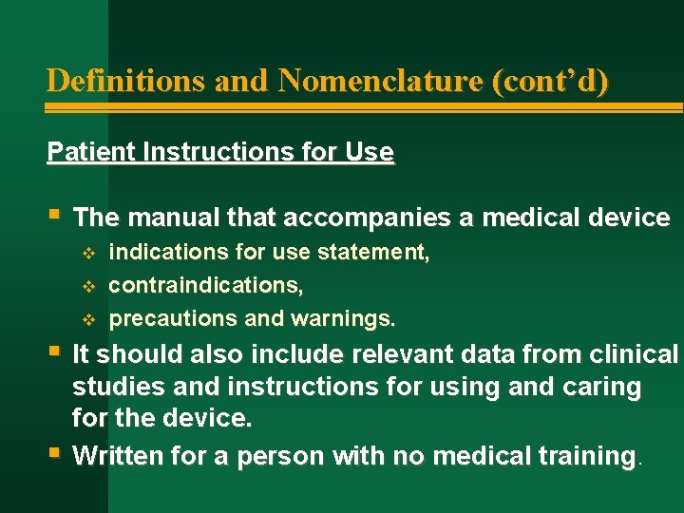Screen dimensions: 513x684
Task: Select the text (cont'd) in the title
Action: tap(549, 80)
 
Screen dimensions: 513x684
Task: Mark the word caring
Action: tap(603, 388)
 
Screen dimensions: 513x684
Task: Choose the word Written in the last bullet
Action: tap(111, 456)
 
